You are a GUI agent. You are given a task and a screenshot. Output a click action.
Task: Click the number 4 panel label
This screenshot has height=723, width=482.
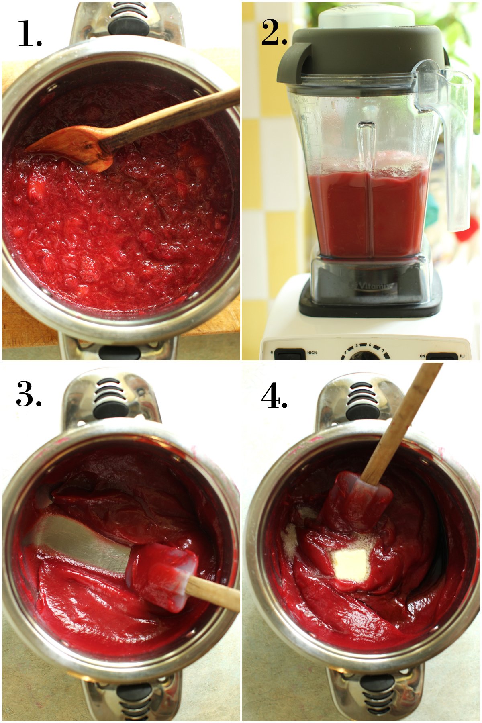(x=274, y=397)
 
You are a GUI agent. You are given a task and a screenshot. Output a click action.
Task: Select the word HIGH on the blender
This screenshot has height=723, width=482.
(x=312, y=353)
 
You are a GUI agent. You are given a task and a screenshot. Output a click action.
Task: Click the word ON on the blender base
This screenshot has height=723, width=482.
(x=422, y=356)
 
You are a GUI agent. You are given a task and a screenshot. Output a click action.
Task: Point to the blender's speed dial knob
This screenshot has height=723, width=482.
(x=364, y=356)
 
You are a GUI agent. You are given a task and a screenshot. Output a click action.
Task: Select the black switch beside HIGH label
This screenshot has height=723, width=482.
(x=290, y=354)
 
